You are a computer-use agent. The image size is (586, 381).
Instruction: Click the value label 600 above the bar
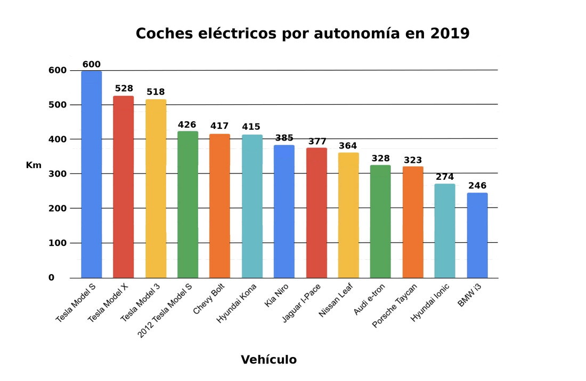click(92, 64)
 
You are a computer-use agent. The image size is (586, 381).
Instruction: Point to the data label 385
click(284, 138)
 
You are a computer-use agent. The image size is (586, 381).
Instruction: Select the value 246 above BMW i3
click(477, 186)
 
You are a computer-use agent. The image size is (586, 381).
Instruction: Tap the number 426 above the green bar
click(187, 125)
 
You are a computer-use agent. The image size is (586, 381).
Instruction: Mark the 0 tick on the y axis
click(51, 278)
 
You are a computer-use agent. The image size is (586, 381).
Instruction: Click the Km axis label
click(34, 165)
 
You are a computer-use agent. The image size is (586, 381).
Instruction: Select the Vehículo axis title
click(268, 360)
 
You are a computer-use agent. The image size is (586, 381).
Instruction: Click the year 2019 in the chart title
click(450, 34)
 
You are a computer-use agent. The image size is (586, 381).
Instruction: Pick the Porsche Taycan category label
click(395, 305)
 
